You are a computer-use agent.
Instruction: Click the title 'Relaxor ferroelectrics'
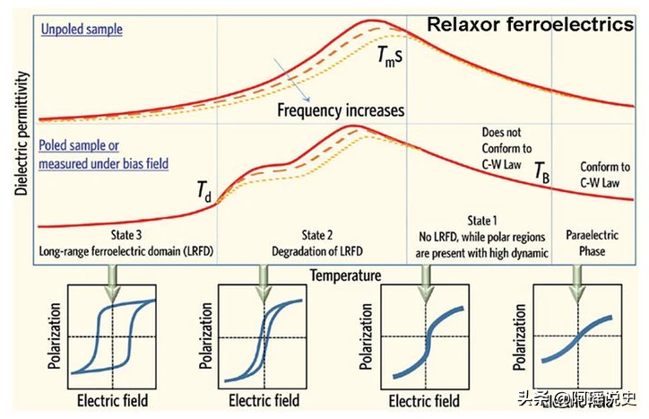tap(530, 24)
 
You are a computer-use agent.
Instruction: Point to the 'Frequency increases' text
tap(341, 111)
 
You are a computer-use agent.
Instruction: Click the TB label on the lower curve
tap(541, 171)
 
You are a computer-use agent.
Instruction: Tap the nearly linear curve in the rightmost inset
tap(575, 338)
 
